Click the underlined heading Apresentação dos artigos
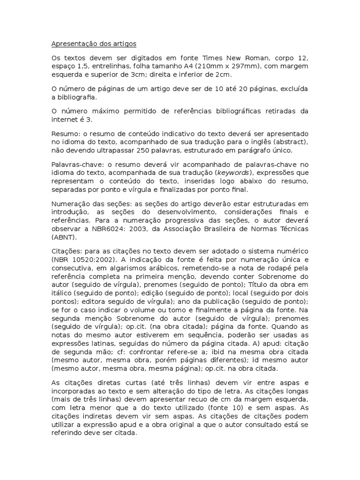tap(93, 44)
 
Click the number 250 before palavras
tap(144, 150)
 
